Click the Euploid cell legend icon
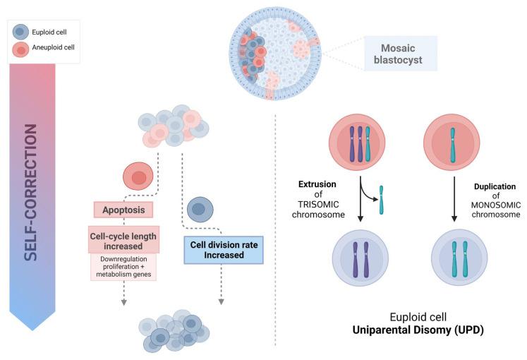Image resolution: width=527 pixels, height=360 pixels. (21, 32)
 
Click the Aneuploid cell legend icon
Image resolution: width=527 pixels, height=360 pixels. (21, 49)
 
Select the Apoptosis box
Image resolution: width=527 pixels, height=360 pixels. (124, 210)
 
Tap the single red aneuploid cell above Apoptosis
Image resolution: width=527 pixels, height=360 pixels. (139, 176)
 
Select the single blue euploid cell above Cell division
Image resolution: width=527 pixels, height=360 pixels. (200, 209)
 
